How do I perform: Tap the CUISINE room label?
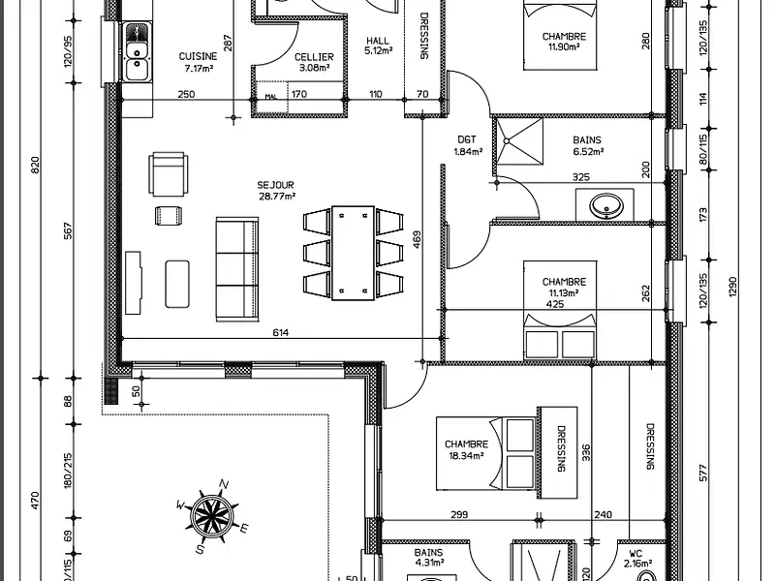click(198, 62)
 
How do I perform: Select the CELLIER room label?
click(313, 62)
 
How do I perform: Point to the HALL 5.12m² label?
click(377, 46)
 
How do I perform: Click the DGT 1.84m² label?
click(468, 145)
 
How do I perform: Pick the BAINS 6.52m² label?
click(587, 145)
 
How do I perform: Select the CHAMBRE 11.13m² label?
click(564, 287)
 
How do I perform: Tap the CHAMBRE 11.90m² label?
click(565, 41)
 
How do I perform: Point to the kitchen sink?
click(137, 59)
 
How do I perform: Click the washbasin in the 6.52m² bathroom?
click(605, 205)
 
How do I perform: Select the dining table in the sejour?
click(353, 253)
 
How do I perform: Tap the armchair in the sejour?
click(170, 173)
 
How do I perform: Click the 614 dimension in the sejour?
click(281, 332)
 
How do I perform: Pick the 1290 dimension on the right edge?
click(733, 287)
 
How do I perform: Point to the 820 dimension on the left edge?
click(36, 165)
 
